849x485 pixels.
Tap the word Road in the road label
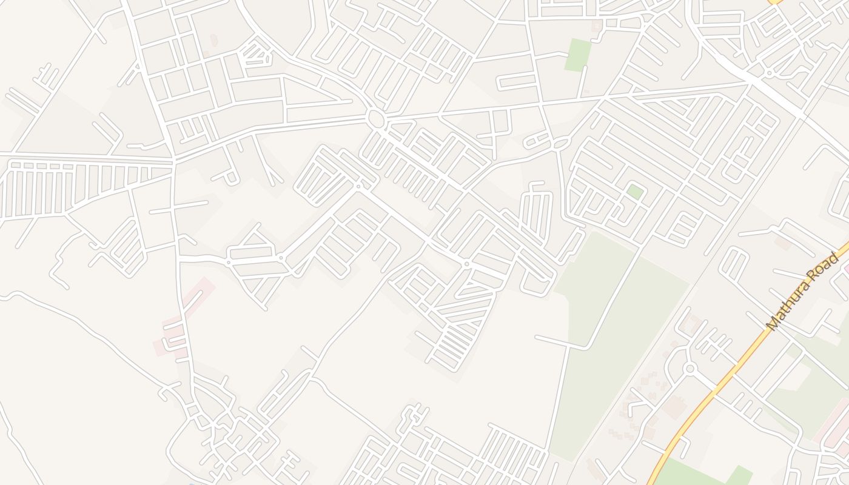828,266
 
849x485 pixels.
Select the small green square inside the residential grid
635,192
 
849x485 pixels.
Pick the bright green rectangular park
578,55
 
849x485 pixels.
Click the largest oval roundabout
376,119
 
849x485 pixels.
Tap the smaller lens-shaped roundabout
562,144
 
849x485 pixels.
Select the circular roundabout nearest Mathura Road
689,368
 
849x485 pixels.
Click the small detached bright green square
740,475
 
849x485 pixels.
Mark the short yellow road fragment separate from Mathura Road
776,2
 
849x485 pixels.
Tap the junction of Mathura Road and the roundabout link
719,389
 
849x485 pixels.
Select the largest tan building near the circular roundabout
673,406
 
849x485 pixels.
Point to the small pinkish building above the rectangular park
597,26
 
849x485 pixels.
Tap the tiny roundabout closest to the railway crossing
769,73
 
